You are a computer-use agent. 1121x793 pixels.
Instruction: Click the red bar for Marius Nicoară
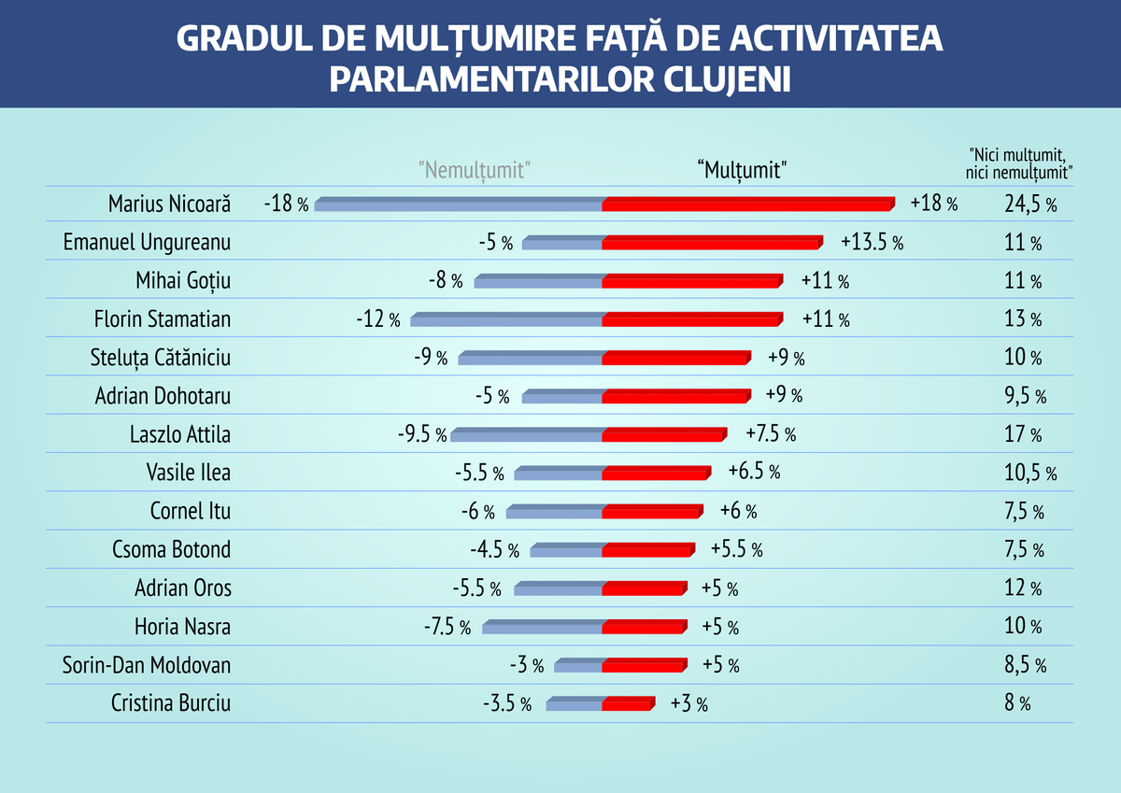[x=747, y=205]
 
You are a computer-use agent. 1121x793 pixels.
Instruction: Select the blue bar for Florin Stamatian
[x=506, y=320]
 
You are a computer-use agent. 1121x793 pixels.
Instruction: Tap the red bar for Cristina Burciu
[x=628, y=704]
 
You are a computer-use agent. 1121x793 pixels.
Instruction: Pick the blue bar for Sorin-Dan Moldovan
[x=578, y=666]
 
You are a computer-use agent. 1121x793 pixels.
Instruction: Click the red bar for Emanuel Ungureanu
[x=712, y=243]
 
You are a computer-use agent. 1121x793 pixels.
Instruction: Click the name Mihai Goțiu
[x=183, y=281]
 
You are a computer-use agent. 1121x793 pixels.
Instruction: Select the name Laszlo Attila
[x=180, y=434]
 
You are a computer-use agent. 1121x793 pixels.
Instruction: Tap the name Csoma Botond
[x=171, y=549]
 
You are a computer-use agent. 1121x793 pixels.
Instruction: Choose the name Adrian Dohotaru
[x=163, y=396]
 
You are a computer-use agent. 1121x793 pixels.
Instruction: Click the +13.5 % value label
[x=872, y=243]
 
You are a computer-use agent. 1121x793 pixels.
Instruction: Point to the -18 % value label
[x=286, y=204]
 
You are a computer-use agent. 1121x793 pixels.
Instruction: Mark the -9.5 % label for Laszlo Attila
[x=422, y=434]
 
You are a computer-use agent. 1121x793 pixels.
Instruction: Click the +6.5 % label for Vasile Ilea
[x=754, y=473]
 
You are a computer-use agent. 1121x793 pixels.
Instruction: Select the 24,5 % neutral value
[x=1030, y=205]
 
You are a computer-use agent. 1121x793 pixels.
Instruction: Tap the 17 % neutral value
[x=1023, y=434]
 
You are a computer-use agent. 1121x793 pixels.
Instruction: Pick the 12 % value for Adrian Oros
[x=1023, y=588]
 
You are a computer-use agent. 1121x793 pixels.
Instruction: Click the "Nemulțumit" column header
[x=475, y=170]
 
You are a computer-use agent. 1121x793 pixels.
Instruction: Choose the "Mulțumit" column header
[x=743, y=170]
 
